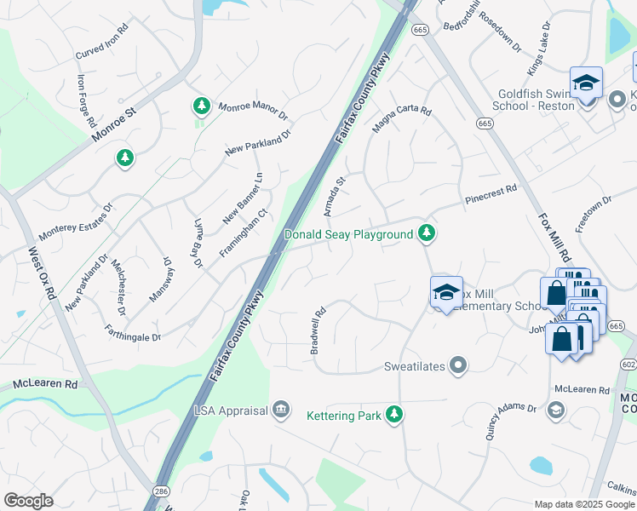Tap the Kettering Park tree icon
click(393, 415)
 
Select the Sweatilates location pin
click(459, 365)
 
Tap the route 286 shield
click(160, 491)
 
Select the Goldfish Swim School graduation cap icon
click(586, 83)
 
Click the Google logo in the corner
click(29, 501)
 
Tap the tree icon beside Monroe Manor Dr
click(201, 106)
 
